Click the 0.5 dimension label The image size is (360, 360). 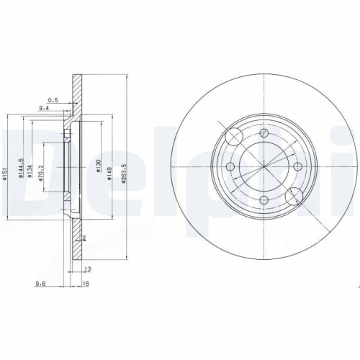click(x=53, y=99)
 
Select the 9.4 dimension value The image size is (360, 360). click(x=43, y=109)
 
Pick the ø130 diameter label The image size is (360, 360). click(x=98, y=166)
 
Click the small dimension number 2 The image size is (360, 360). click(x=85, y=238)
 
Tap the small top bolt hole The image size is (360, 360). click(x=264, y=134)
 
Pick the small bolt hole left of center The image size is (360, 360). click(x=230, y=168)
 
